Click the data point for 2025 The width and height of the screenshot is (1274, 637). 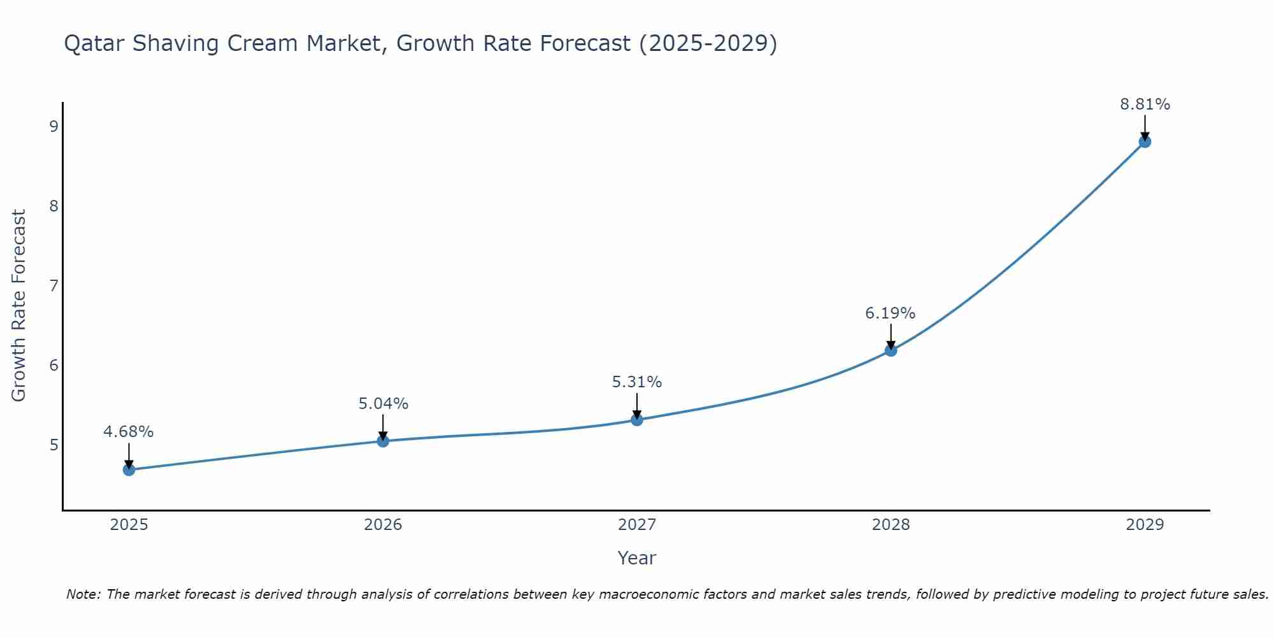tap(129, 470)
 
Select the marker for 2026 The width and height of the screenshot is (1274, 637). tap(383, 441)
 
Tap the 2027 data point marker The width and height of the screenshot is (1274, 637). tap(637, 419)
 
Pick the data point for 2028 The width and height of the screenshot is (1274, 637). tap(891, 350)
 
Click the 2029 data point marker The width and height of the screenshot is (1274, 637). tap(1145, 141)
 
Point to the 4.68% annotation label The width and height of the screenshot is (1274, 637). tap(129, 432)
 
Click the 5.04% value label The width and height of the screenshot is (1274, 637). tap(383, 404)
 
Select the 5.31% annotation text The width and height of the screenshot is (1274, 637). tap(637, 382)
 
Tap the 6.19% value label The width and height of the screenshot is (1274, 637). tap(891, 313)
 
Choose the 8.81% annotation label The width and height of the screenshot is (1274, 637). tap(1145, 104)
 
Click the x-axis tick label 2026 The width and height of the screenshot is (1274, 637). tap(383, 525)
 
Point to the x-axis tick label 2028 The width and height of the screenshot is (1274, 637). tap(891, 525)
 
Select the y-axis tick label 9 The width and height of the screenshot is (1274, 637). tap(54, 126)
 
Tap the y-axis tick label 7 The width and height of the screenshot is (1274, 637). tap(54, 285)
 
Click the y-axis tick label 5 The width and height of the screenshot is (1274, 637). tap(54, 445)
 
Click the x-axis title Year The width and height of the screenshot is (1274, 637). tap(637, 558)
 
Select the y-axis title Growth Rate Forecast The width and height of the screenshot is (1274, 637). tap(19, 306)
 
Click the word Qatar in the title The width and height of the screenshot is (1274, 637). tap(94, 44)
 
